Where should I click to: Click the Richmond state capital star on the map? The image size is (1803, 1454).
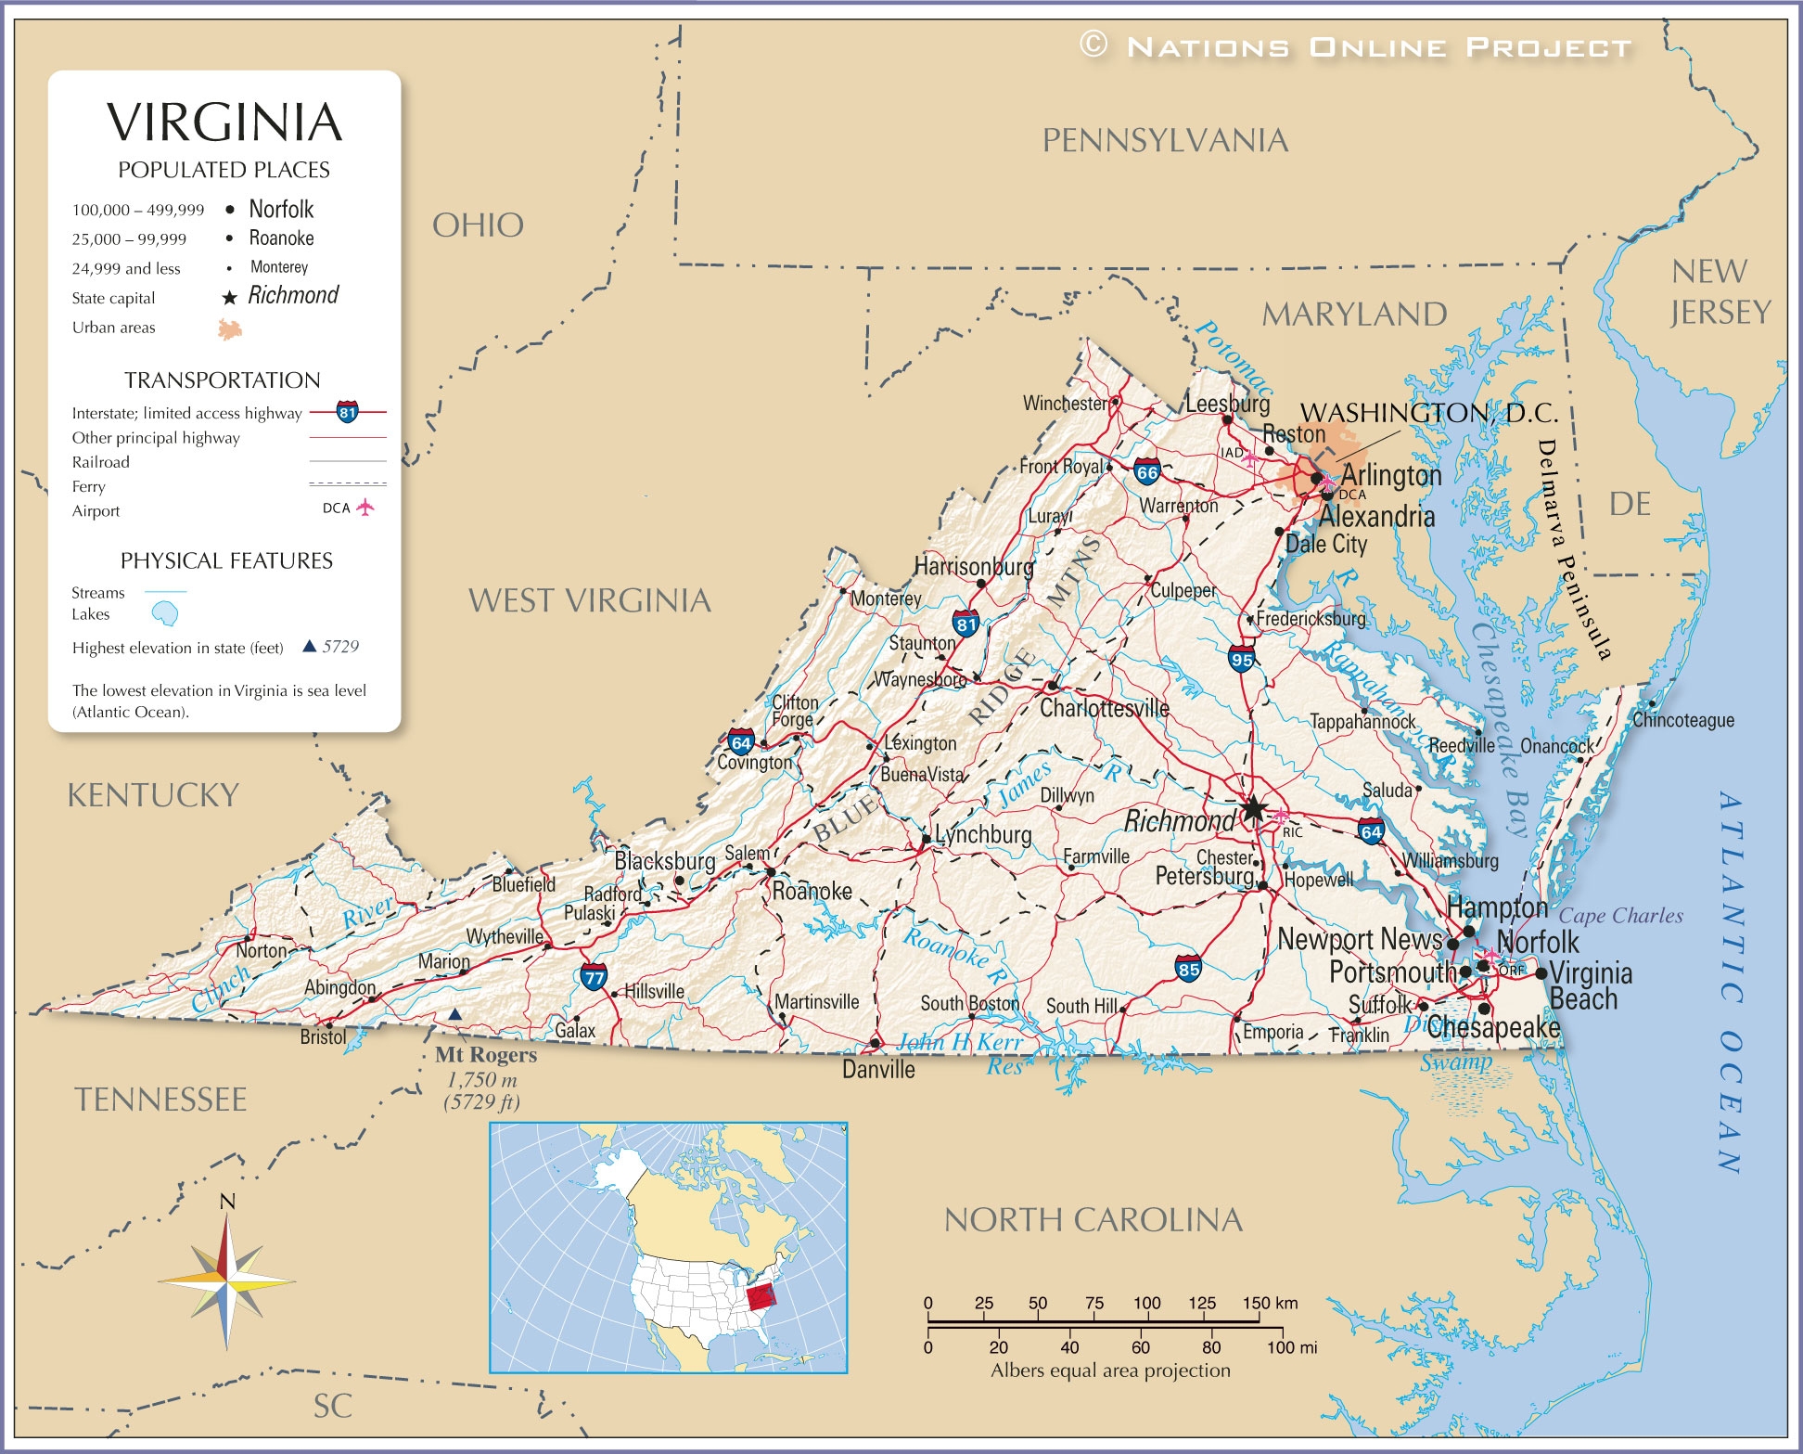1253,809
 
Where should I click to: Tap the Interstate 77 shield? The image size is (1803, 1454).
594,976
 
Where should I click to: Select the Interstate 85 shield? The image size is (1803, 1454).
1188,969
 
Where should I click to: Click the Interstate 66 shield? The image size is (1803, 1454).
1147,471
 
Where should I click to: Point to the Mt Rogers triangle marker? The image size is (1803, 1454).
454,1015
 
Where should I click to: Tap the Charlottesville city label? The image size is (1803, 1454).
1104,709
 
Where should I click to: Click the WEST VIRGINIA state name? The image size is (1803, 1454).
589,601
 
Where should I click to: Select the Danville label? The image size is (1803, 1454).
878,1070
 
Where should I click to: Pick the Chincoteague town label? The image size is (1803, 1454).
1682,720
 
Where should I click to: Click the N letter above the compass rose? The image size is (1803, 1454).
227,1203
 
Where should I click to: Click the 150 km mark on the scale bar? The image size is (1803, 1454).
1259,1303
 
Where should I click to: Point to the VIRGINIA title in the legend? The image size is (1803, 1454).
224,122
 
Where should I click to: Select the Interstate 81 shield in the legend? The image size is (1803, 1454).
347,412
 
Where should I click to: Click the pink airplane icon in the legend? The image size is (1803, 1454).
365,508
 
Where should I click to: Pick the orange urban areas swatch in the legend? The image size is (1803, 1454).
230,328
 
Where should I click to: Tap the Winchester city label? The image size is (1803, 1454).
1065,404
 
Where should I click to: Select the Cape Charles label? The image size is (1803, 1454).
1620,916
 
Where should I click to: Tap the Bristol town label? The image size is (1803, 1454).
323,1037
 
